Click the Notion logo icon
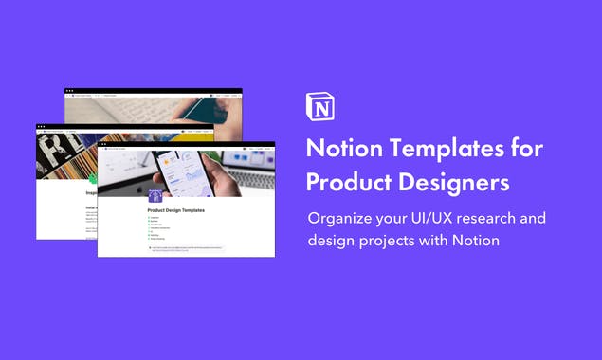[x=320, y=107]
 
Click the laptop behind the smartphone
[x=250, y=171]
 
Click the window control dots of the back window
[x=69, y=93]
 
